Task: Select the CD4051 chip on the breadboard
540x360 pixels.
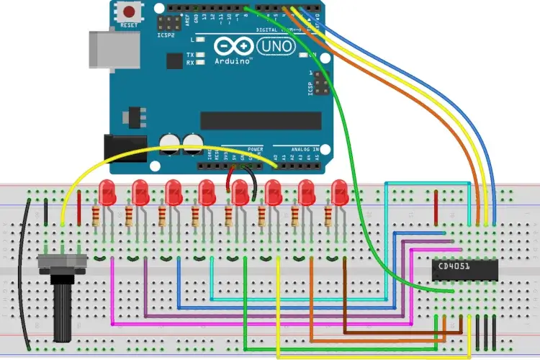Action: [462, 268]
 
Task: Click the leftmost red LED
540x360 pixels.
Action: [107, 192]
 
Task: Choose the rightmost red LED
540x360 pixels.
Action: [339, 192]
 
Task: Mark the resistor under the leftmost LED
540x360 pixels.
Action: [96, 215]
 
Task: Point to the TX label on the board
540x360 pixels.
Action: [170, 55]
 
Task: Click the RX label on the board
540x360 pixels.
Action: [170, 63]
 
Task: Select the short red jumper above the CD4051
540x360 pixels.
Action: [437, 209]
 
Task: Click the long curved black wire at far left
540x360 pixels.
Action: [24, 274]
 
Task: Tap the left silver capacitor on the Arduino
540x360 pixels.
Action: [171, 141]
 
